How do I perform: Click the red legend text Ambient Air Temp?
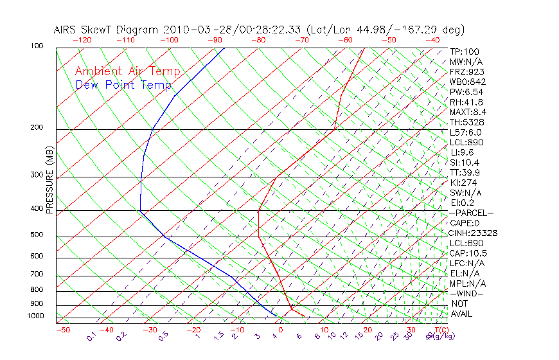tap(127, 71)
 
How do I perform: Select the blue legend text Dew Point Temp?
tap(123, 85)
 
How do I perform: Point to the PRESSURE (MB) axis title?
tap(49, 183)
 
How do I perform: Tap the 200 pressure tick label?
tap(37, 127)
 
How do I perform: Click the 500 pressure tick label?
tap(37, 235)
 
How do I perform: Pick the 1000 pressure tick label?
tap(35, 316)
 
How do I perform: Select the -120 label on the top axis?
tap(82, 40)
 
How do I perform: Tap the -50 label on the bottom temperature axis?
tap(62, 330)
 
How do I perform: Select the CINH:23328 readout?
tap(474, 233)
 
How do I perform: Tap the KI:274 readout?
tap(465, 182)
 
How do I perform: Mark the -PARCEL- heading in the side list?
tap(472, 213)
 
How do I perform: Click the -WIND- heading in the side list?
tap(467, 293)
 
